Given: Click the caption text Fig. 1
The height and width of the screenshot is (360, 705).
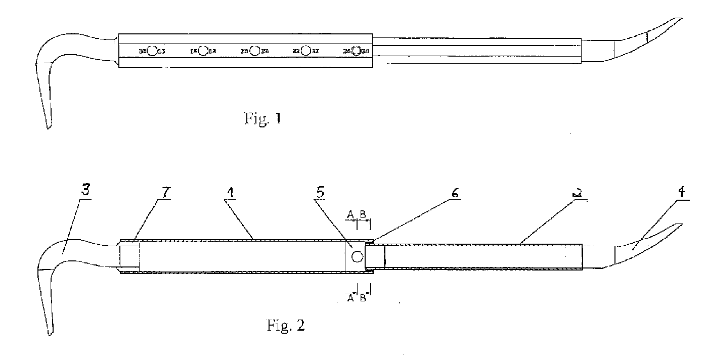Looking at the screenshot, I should point(261,120).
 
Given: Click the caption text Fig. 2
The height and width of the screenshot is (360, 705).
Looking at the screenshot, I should point(286,325).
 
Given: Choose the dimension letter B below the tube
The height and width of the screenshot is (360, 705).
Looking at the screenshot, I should point(363,298).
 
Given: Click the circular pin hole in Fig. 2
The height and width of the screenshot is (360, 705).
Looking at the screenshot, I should point(358,257).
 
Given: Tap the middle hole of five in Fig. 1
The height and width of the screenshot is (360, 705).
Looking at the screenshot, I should point(255,51).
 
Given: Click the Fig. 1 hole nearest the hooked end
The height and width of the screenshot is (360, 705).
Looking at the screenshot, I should point(151,51).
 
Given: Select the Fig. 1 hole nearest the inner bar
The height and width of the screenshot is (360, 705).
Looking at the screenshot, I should point(357,51).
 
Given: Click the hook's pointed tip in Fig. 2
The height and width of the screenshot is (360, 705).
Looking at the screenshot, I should point(51,334).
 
